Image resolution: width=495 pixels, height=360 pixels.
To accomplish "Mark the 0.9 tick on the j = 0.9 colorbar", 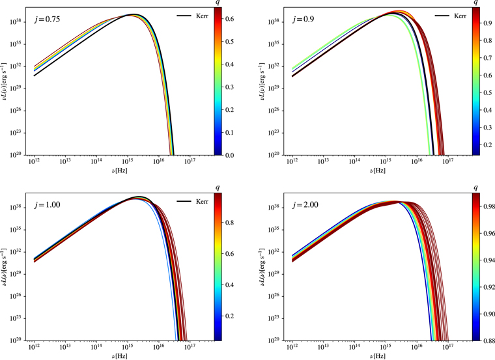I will pos(488,25).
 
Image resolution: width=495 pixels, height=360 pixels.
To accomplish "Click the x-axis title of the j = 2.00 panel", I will pos(378,355).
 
